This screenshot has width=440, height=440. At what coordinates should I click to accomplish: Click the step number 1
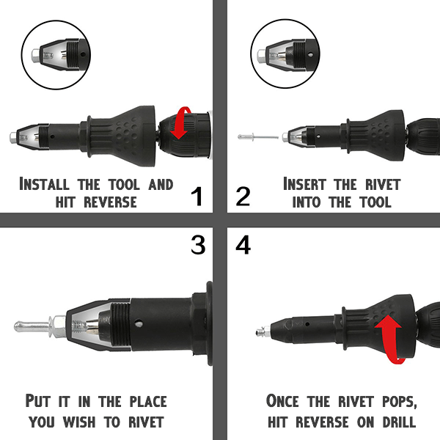pos(197,197)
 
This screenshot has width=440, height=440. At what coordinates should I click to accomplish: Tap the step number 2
pos(243,197)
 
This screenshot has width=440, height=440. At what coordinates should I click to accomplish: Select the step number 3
pos(198,245)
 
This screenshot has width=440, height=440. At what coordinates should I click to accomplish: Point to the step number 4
pos(243,245)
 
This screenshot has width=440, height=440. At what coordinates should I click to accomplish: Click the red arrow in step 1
pos(181,122)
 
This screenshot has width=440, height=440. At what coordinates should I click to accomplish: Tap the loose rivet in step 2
pos(258,137)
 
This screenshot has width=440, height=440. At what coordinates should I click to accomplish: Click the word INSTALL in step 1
pos(44,184)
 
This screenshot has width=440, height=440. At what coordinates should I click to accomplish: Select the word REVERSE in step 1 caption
pos(110,202)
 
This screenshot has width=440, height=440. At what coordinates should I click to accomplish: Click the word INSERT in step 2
pos(304,184)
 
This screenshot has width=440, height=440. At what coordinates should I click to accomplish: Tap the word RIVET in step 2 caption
pos(383,184)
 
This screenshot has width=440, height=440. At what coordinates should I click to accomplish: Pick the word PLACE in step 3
pos(148,401)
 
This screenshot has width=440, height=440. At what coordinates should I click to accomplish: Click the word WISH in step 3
pos(79,422)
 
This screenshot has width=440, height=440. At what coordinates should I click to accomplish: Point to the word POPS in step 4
pos(400,401)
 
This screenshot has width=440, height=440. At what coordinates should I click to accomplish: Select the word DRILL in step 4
pos(399,422)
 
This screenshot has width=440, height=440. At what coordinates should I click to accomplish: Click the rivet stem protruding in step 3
pos(33,326)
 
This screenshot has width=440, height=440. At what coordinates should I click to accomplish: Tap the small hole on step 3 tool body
pos(138,324)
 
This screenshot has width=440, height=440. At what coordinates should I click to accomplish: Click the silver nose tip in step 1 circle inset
pos(36,54)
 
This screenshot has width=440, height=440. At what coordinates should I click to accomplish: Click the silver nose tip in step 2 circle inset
pos(263,54)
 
